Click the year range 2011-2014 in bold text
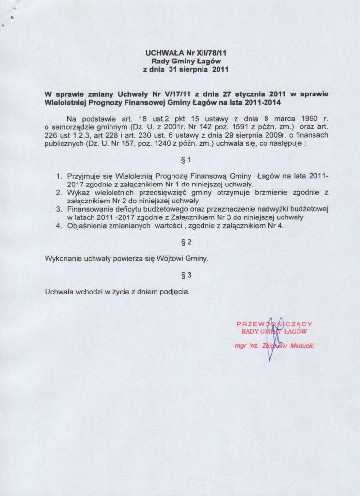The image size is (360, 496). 262,103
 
